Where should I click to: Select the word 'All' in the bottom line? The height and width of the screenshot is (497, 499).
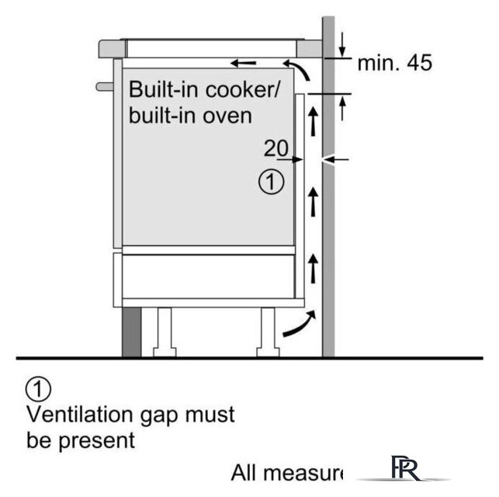(245, 472)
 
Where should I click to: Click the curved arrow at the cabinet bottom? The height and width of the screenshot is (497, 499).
(300, 325)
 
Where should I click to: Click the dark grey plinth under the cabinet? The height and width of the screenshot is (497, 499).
(130, 331)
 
